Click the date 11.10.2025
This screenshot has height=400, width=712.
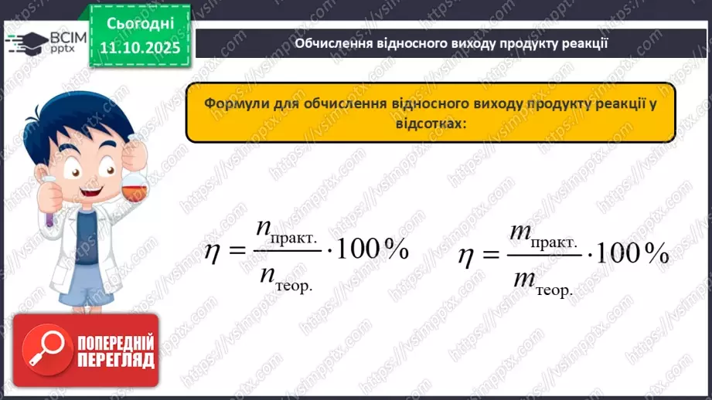click(139, 49)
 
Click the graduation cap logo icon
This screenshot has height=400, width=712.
click(26, 42)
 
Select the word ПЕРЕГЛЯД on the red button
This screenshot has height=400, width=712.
click(115, 360)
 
